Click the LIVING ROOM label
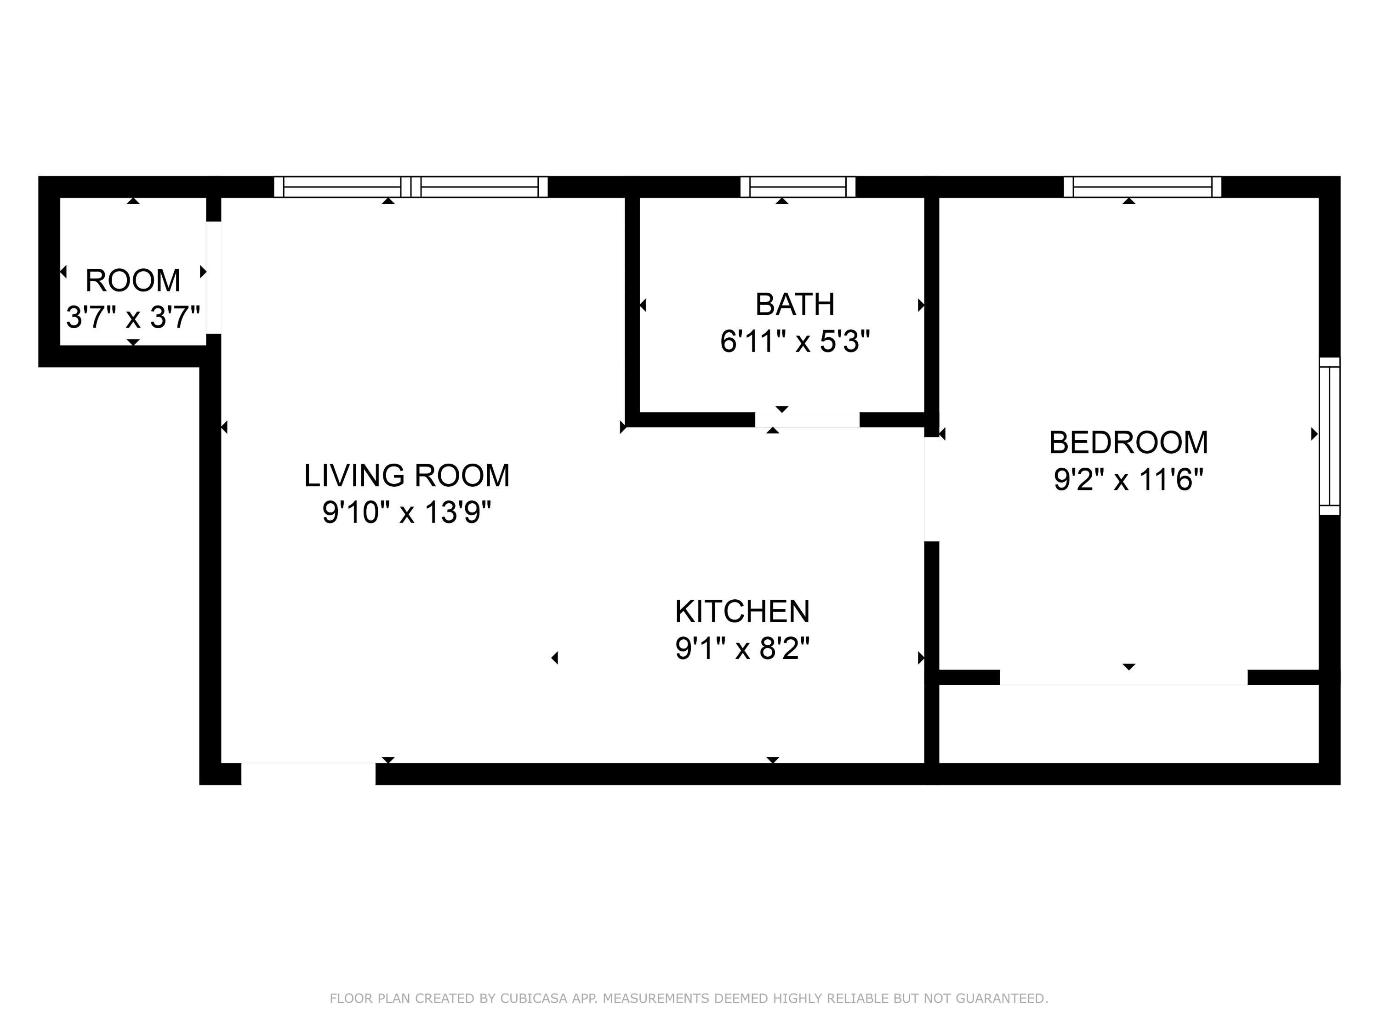(406, 476)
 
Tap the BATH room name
(795, 305)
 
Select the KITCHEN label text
(742, 611)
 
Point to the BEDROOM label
(1128, 443)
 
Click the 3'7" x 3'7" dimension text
(133, 317)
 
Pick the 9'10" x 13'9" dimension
(406, 513)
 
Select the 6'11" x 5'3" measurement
(795, 341)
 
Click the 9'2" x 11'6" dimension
(1128, 480)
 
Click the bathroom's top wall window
(798, 187)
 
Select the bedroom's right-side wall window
(1329, 436)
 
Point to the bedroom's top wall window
(1142, 187)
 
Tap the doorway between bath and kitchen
(807, 420)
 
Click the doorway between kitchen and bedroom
(931, 489)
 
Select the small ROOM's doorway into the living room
(214, 278)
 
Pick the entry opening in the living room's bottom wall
(308, 773)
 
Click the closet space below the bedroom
(1128, 724)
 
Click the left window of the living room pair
(342, 187)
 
